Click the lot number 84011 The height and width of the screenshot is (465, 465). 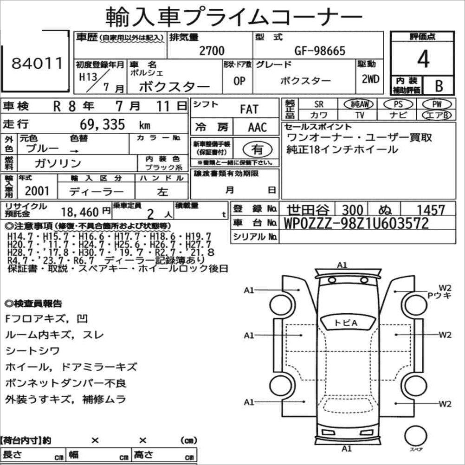(x=38, y=63)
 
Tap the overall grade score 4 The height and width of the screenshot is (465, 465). (x=423, y=59)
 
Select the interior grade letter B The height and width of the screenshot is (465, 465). (x=439, y=85)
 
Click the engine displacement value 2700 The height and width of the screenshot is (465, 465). (x=212, y=51)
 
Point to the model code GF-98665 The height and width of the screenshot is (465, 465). (x=320, y=51)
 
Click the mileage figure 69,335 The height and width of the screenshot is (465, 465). (x=102, y=124)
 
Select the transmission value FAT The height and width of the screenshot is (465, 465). (x=249, y=109)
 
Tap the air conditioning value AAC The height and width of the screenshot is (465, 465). (x=258, y=127)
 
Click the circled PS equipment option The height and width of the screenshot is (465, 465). (x=398, y=104)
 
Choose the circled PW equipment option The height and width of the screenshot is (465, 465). (x=437, y=104)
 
